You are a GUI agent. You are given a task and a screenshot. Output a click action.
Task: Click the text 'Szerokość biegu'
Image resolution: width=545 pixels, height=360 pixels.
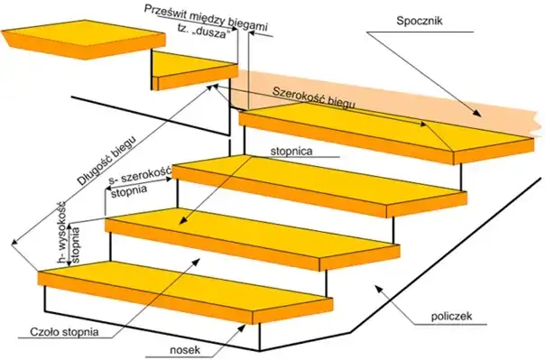(314, 100)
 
